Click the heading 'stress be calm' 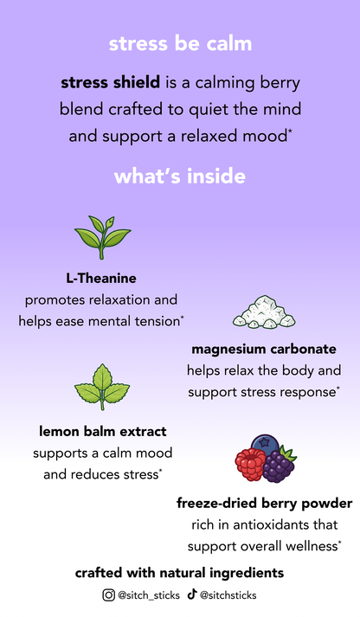[x=180, y=43]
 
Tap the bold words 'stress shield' [x=110, y=82]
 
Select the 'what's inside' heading [x=180, y=176]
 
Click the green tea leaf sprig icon [x=102, y=237]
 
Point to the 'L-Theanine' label [x=101, y=278]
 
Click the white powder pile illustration [x=264, y=312]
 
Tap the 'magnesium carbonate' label [x=264, y=349]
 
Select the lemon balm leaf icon [x=102, y=387]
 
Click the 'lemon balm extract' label [x=102, y=431]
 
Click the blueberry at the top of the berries [x=265, y=443]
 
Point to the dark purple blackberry [x=279, y=466]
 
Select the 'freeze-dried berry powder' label [x=265, y=504]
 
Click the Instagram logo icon [x=108, y=595]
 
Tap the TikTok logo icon [x=191, y=595]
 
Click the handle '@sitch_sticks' [x=149, y=595]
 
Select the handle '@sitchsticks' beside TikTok [x=228, y=595]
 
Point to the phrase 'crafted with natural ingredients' [x=179, y=573]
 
